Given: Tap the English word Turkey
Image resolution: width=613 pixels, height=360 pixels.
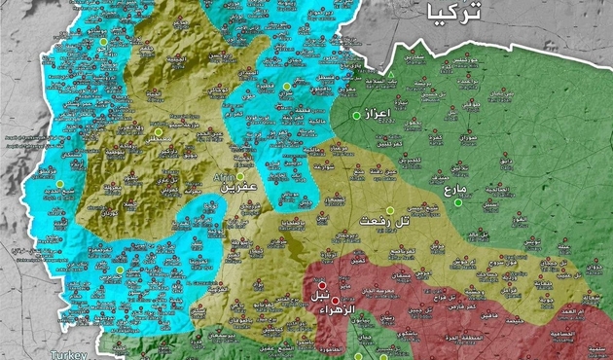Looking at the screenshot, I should click(x=70, y=354).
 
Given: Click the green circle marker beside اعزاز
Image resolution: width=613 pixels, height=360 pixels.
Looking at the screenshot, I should click(x=356, y=116).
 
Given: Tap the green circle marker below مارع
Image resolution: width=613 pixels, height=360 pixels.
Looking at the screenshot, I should click(x=458, y=202).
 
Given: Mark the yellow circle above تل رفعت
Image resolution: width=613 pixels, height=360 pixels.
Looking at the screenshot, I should click(x=390, y=210).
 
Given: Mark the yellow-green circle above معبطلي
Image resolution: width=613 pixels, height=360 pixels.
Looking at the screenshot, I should click(x=158, y=131).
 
